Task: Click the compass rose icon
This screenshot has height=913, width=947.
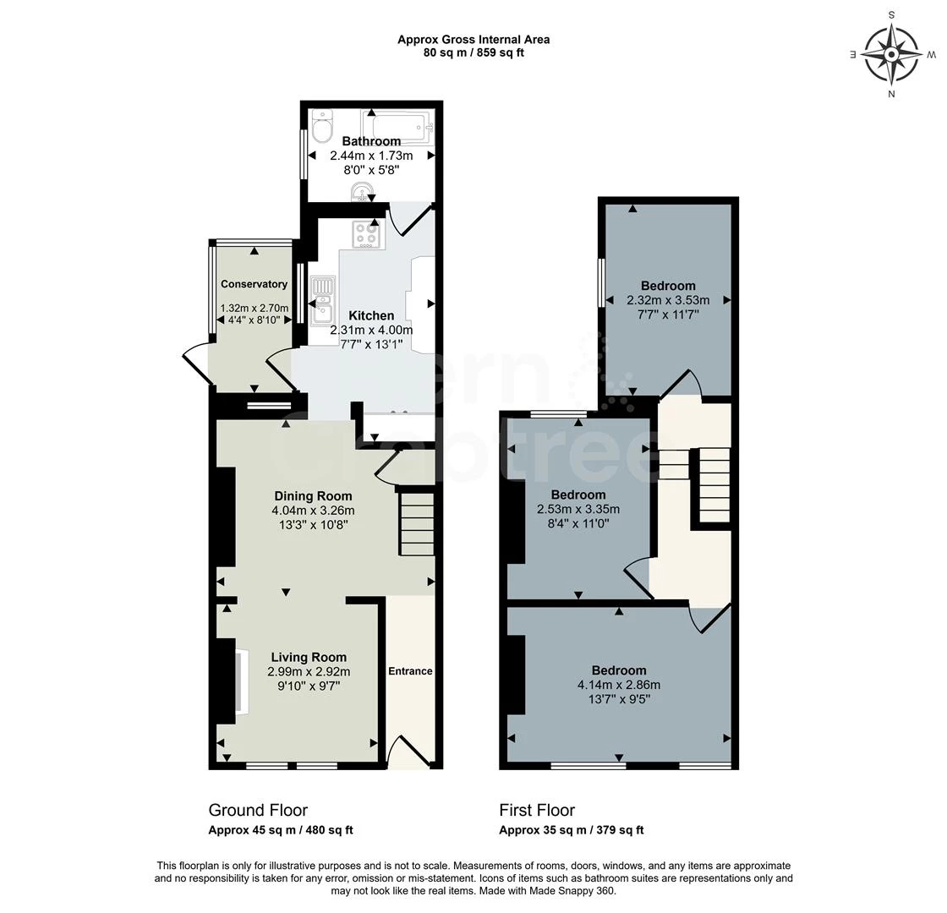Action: [x=891, y=53]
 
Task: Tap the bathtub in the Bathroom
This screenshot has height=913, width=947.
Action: [x=397, y=126]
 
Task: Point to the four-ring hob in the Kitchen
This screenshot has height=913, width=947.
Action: [x=367, y=233]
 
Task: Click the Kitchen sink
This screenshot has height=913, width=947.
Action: [x=322, y=301]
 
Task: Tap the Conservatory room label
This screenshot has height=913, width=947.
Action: [x=254, y=284]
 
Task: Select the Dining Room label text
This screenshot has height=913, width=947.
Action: [x=313, y=496]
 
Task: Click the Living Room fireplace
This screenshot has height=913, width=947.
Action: [x=240, y=681]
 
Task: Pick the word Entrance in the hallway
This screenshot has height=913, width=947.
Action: [x=410, y=671]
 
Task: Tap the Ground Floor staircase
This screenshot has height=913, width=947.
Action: [x=416, y=524]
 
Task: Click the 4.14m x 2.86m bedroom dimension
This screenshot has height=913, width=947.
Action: [x=619, y=685]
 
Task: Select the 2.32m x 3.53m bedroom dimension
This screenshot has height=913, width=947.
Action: [x=668, y=300]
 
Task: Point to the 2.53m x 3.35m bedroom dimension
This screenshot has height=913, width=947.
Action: [x=578, y=509]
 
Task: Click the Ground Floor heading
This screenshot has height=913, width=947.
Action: [x=258, y=810]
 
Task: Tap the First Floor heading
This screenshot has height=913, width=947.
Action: [x=537, y=810]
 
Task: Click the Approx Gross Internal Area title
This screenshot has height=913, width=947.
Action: [x=473, y=40]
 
